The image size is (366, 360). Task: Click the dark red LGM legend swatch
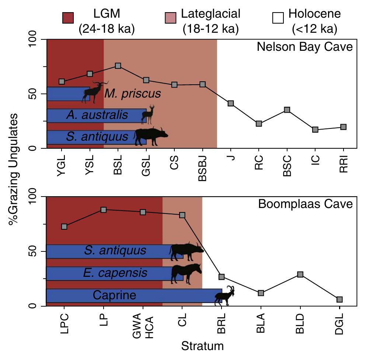click(69, 17)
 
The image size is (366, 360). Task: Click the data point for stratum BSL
click(118, 66)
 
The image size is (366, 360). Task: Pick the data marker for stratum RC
click(259, 124)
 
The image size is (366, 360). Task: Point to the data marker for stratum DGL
click(339, 299)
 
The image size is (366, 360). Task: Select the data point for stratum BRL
click(222, 277)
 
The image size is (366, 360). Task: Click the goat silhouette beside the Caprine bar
click(226, 296)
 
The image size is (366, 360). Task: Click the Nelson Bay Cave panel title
click(305, 47)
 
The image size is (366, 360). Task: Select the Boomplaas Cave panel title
click(305, 204)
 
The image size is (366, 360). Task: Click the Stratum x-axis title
click(202, 346)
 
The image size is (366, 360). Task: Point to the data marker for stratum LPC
click(64, 226)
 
